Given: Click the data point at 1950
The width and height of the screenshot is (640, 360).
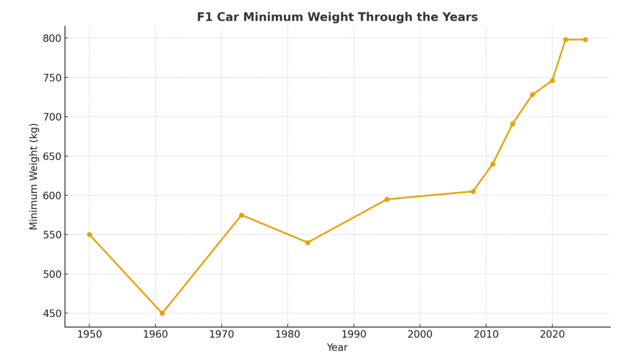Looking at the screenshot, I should (90, 235).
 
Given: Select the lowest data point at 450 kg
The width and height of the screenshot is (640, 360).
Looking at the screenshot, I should (162, 313).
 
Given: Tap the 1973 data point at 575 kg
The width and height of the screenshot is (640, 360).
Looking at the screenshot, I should (241, 215).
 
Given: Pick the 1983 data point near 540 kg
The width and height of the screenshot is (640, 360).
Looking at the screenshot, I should (307, 242).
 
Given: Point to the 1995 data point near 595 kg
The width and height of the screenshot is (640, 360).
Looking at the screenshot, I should (387, 199).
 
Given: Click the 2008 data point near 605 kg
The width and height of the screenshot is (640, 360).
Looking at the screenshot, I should (473, 191).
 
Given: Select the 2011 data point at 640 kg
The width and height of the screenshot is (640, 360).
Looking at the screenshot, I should (492, 164).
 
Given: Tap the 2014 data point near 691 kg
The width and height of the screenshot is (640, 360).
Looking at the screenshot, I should (512, 124).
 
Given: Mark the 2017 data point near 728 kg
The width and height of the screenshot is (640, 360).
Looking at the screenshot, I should (532, 95).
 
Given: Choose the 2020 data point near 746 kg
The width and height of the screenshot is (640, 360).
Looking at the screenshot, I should (552, 80).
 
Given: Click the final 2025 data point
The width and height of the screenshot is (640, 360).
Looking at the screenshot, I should (585, 40).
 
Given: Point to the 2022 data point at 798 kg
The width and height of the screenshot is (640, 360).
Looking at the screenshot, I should (565, 40).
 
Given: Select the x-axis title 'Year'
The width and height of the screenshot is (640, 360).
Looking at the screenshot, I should (337, 347).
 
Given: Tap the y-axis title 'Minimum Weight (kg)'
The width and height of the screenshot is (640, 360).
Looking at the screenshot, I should (34, 176).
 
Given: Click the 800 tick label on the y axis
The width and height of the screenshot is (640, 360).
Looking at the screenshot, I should (52, 38).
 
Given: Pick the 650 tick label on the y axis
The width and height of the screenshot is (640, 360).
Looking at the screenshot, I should (52, 156).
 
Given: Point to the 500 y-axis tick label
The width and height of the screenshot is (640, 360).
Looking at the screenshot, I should (52, 274).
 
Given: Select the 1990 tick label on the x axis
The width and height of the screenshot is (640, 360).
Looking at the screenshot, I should (354, 334).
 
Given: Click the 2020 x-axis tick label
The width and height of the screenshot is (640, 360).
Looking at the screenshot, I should (552, 334).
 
